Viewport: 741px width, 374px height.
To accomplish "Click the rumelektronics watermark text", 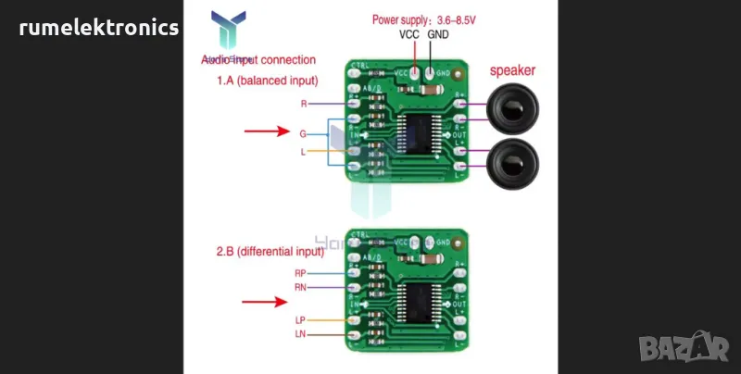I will [99, 29].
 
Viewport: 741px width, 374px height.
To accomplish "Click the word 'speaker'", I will [512, 69].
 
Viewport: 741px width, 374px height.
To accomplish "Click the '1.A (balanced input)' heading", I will [268, 81].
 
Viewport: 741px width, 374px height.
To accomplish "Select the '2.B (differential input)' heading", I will [270, 250].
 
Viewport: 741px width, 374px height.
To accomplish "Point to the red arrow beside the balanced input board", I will [267, 132].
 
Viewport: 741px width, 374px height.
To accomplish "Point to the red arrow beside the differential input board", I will [265, 301].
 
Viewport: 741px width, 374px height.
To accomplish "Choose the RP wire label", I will [300, 273].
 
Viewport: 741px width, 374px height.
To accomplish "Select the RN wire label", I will [300, 287].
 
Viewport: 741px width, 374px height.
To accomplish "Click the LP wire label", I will [300, 319].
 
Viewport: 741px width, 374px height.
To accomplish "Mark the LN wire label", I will [300, 333].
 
